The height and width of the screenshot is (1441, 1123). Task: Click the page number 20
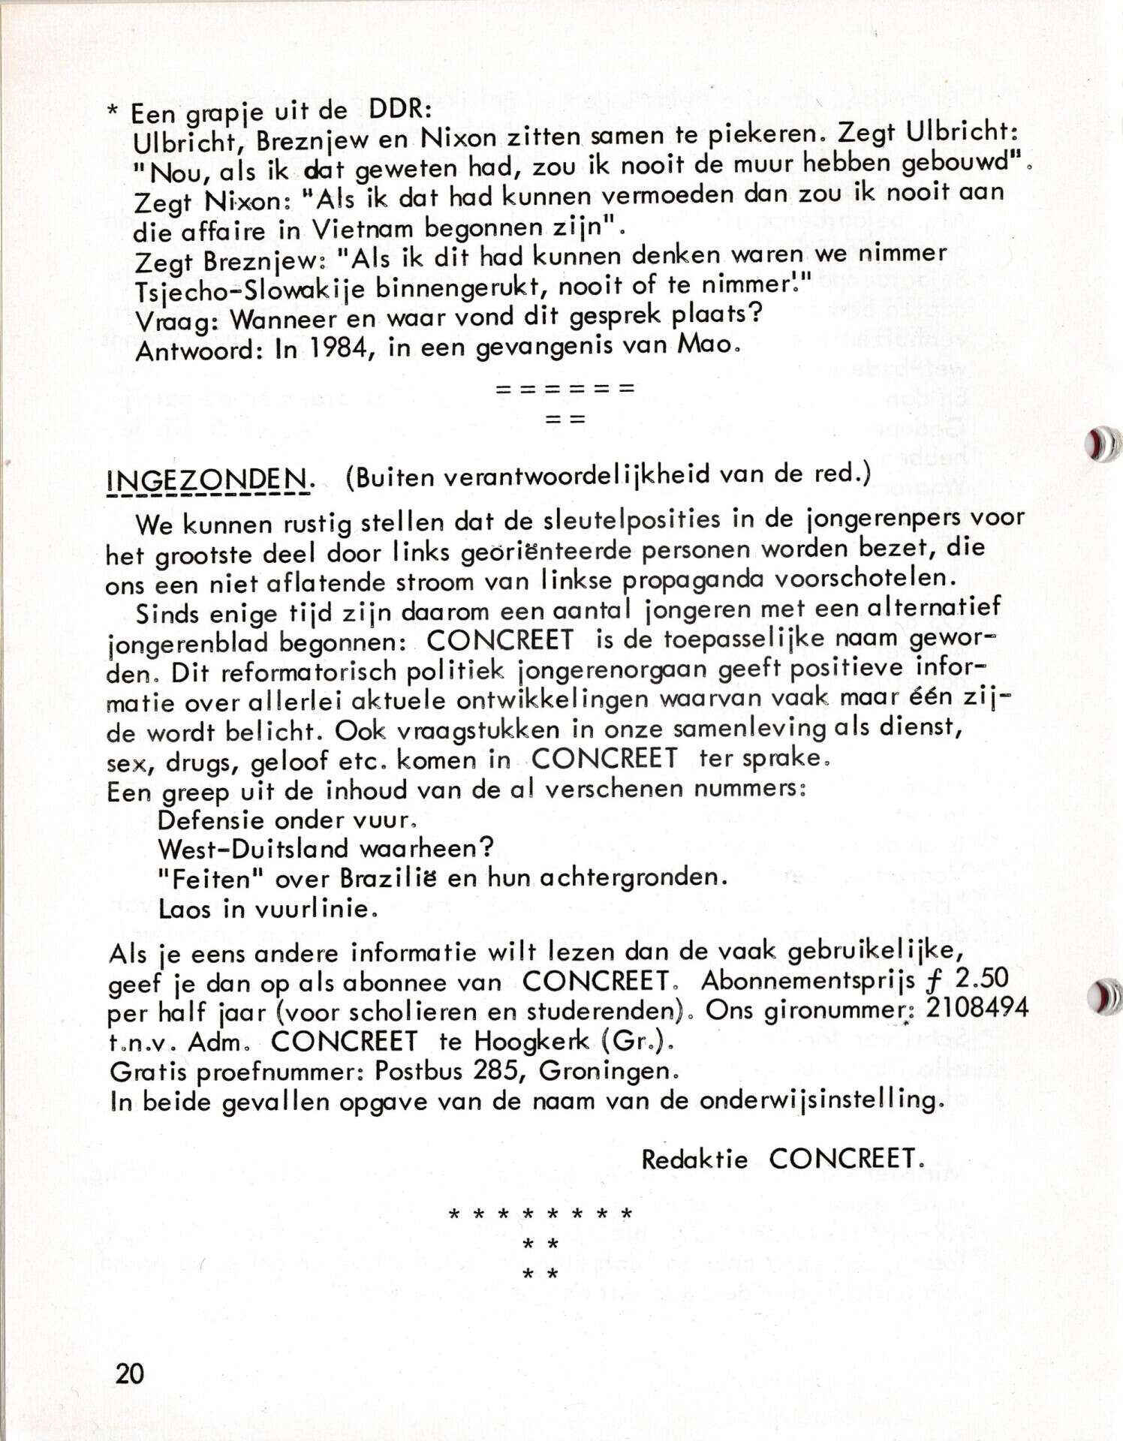(x=130, y=1373)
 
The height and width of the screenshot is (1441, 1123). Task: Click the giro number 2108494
(x=977, y=1007)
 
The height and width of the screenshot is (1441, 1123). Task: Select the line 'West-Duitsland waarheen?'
(x=327, y=849)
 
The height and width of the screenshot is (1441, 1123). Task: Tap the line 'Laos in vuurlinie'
(x=266, y=909)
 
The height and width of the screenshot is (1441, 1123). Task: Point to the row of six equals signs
(x=565, y=389)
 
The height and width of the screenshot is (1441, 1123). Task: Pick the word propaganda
(x=682, y=579)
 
